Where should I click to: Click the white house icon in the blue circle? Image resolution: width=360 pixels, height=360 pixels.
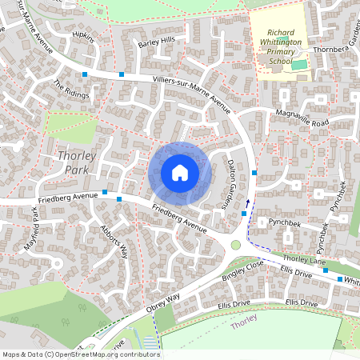[x=180, y=172]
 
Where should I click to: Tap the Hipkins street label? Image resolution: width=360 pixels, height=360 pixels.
[x=83, y=38]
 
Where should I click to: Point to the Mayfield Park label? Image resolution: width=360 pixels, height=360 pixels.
[x=32, y=229]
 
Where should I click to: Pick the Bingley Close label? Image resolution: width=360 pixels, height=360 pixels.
[x=244, y=273]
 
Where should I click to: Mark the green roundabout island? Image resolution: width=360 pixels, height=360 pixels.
[x=236, y=245]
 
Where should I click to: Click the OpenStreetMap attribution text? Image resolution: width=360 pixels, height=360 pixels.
[x=81, y=354]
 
